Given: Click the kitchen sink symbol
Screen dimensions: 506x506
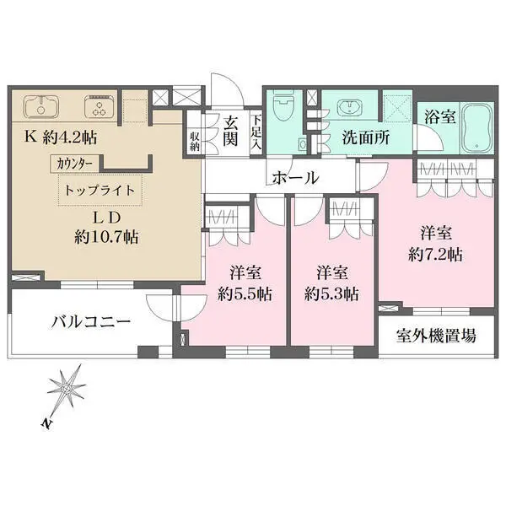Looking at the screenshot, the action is pos(41,107).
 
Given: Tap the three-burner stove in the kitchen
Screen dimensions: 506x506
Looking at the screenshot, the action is pos(100,107).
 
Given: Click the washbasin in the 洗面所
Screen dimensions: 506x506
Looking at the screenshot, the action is pos(350,107).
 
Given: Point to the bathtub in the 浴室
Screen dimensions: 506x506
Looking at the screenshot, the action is pos(476,128).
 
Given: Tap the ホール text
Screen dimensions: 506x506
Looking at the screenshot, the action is pos(296,178).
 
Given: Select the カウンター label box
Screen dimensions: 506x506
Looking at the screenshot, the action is pos(75,164).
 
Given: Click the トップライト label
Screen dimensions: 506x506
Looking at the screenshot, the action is pos(100,190).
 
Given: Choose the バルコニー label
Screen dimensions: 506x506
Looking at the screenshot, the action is pos(91,322).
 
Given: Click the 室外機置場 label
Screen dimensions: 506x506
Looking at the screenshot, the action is pos(436,336).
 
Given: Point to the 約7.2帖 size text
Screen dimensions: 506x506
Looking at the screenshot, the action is pos(435,255).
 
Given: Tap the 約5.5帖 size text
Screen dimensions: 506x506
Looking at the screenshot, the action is pos(245,294).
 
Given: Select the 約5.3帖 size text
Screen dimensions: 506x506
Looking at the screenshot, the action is pos(331,294).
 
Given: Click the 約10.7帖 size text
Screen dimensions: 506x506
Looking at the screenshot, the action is pos(106,238).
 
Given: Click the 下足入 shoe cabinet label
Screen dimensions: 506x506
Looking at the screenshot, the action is pos(256,132).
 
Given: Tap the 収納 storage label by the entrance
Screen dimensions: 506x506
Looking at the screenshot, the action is pos(195,142).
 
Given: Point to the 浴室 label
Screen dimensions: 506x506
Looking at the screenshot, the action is pos(439,117).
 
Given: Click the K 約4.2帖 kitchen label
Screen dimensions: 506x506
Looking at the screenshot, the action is pos(61,137).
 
